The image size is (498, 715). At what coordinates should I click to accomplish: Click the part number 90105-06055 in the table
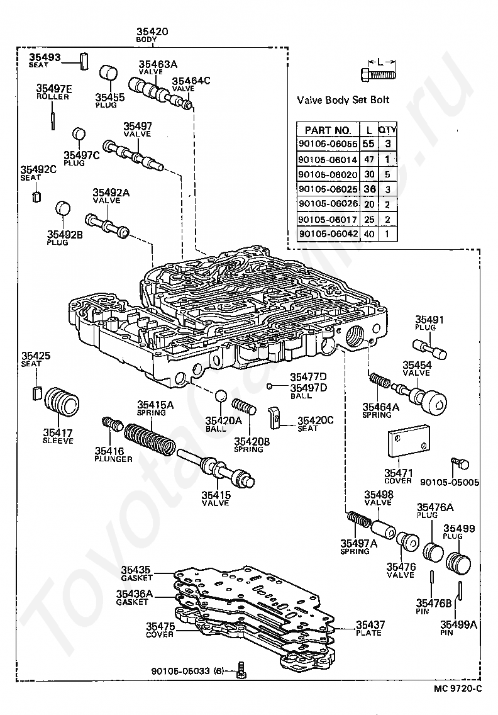pos(328,144)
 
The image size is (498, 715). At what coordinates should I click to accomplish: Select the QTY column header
pos(388,130)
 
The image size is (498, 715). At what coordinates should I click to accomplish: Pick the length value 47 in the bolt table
pos(368,160)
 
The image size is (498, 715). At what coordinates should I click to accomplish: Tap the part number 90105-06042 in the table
pos(328,234)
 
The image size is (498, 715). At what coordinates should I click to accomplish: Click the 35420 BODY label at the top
pos(152,35)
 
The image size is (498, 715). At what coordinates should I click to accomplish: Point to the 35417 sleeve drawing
pos(62,402)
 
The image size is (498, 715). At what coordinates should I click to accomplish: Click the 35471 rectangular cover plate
pos(409,441)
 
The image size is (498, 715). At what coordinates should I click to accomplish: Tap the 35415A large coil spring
pos(150,439)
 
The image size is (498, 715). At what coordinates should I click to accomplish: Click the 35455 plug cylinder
pos(108,74)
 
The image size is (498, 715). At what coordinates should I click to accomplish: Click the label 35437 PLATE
pos(370,628)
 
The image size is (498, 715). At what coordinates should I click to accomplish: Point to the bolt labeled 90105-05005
pos(460,464)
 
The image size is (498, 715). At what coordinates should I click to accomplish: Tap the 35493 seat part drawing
pos(84,61)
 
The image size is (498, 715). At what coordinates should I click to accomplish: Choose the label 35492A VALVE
pos(111,196)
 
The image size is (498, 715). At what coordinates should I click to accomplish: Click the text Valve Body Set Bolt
pos(343,100)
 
